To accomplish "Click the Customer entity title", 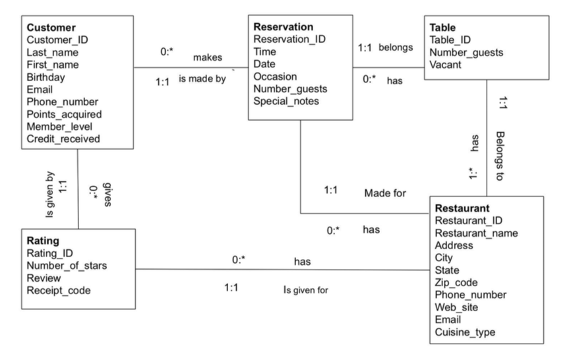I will (51, 27).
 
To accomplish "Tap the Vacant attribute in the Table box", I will (444, 64).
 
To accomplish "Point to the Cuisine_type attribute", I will (465, 332).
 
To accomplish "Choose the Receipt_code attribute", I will (57, 290).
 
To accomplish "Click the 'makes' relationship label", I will (207, 58).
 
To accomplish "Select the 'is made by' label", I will (202, 80).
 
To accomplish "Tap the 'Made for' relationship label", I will (385, 193).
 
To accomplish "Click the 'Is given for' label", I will (305, 289).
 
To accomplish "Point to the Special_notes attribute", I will (286, 101).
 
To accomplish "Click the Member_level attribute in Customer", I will (59, 126).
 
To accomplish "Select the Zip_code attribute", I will (456, 282).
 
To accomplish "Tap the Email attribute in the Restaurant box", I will (448, 320).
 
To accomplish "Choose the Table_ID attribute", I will (450, 40).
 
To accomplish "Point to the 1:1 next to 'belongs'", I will (365, 48).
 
